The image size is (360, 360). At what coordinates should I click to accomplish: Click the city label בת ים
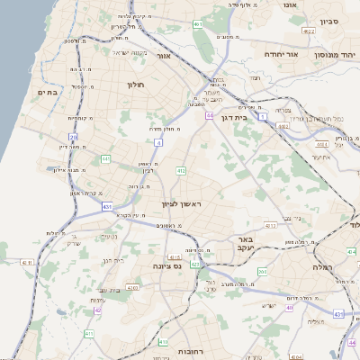[x=48, y=92]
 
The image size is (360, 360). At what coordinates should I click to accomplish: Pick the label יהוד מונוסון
[x=331, y=54]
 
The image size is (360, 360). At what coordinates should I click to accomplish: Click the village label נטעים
[x=110, y=236]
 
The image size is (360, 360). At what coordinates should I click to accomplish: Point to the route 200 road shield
[x=262, y=271]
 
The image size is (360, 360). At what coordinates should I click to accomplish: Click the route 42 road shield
[x=96, y=310]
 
